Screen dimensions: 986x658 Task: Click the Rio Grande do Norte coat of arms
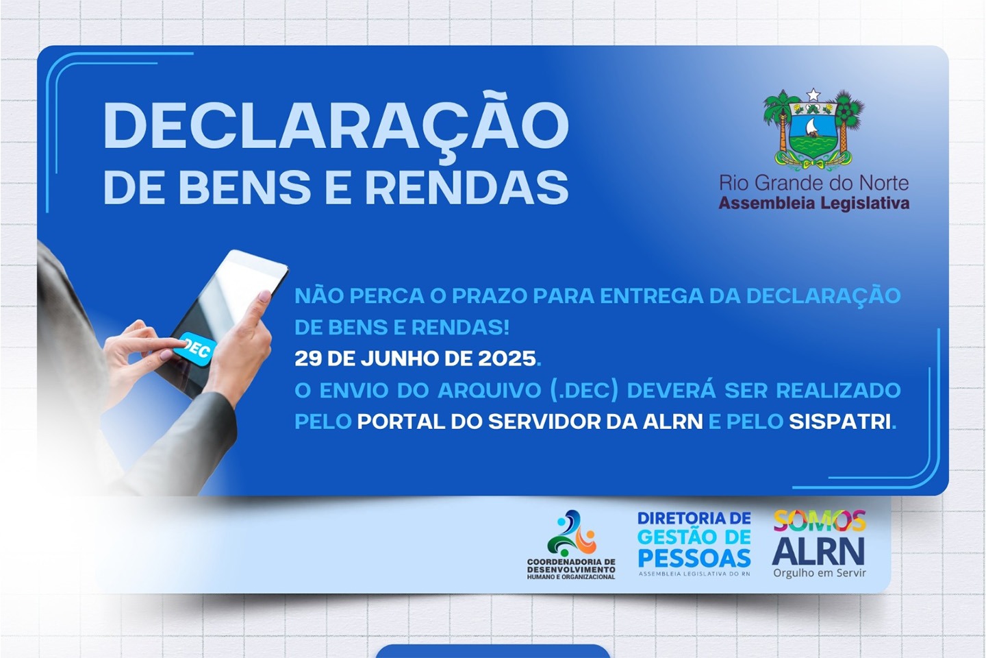(813, 130)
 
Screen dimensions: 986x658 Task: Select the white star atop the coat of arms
(813, 95)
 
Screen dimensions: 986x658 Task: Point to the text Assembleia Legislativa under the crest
(814, 203)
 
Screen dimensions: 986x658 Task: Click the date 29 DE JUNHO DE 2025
(415, 359)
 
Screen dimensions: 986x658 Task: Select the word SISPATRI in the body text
(840, 422)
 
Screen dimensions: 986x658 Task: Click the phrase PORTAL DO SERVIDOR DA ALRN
(530, 422)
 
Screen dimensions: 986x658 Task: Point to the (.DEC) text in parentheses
(583, 391)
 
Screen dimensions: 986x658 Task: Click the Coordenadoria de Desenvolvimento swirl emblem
(571, 533)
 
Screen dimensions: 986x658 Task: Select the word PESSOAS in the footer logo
(694, 558)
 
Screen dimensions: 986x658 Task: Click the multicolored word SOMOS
(819, 520)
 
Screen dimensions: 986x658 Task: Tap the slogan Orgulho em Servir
(819, 573)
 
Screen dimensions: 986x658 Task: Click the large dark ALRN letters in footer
(818, 550)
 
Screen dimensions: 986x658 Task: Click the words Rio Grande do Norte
(814, 183)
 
